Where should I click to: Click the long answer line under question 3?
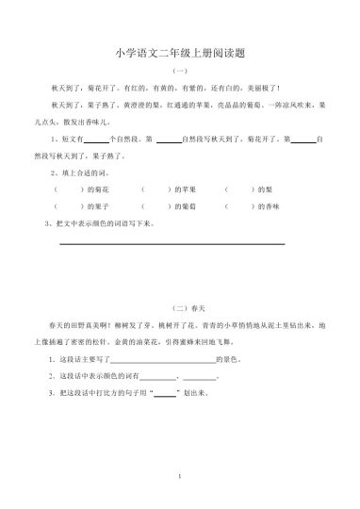click(172, 243)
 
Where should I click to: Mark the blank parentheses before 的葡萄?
click(155, 205)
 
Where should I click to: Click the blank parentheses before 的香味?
click(240, 205)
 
